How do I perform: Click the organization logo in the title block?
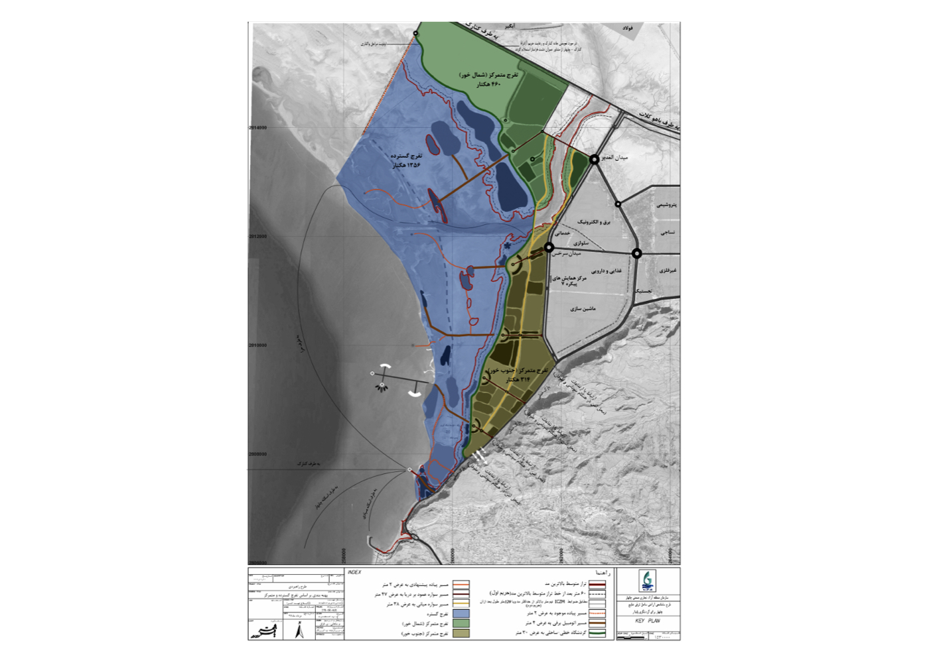(646, 582)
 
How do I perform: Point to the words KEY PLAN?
(647, 621)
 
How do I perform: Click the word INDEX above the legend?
(354, 572)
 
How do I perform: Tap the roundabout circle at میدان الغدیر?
(595, 159)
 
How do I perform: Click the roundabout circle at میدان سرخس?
(549, 247)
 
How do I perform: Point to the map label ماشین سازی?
(583, 309)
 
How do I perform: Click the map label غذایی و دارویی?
(607, 271)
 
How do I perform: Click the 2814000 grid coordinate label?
(258, 128)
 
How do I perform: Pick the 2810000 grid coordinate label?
(258, 345)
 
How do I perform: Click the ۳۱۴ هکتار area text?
(518, 380)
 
